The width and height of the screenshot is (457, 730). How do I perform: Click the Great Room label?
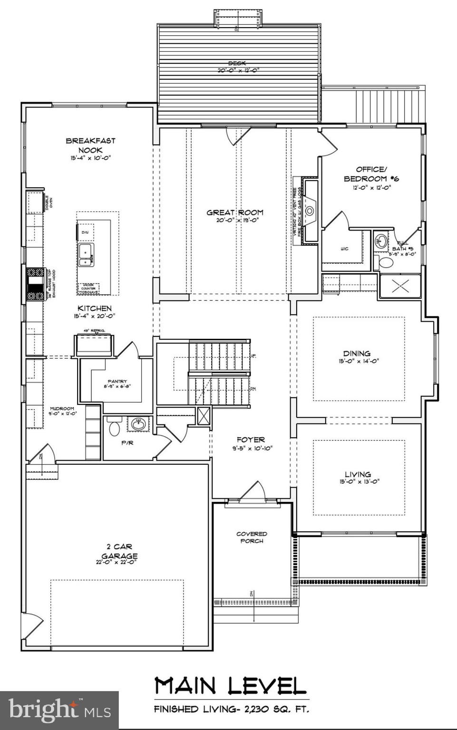pos(234,212)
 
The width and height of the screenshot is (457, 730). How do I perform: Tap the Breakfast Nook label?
pos(90,145)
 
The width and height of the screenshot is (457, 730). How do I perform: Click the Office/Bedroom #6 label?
pos(371,174)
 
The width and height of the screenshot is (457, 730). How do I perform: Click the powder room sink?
pos(138,424)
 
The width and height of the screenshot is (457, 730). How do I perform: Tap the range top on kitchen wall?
pos(35,284)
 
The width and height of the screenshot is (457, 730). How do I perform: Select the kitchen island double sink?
pos(86,254)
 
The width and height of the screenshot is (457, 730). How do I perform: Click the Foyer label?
pos(251,440)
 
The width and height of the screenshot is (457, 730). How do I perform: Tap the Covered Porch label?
pos(252,537)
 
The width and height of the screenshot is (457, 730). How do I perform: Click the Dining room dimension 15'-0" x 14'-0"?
pos(358,361)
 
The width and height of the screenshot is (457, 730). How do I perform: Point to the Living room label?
pos(358,474)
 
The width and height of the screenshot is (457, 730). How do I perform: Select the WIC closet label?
pos(344,249)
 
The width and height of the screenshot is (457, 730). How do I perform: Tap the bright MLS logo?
pos(59,710)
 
